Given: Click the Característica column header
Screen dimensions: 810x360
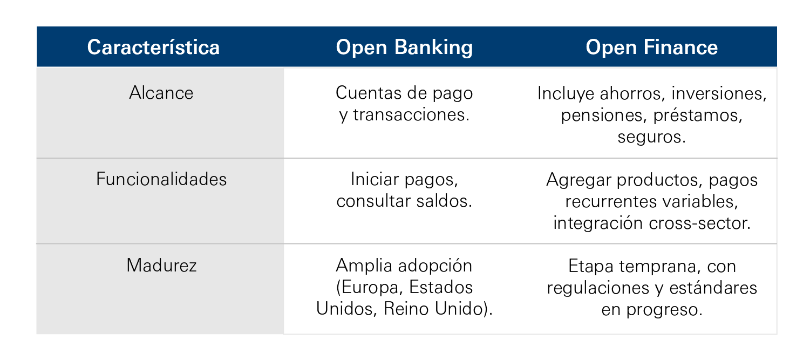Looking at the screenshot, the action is pos(153,47).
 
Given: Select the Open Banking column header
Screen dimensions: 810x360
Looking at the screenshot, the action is pos(404,47).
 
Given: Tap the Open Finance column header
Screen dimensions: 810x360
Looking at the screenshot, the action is pos(652,47).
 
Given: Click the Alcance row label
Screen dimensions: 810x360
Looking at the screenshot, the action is pos(161,93).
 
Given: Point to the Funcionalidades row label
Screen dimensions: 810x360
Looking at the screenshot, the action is pos(161,179).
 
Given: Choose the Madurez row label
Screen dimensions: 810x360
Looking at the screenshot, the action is pos(161,265).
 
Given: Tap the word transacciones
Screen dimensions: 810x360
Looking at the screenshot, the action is pos(411,115).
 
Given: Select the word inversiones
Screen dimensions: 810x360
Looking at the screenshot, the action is pos(719,93).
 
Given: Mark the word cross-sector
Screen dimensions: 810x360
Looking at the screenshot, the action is pos(700,223).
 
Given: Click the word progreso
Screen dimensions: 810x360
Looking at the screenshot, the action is pos(664,310).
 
